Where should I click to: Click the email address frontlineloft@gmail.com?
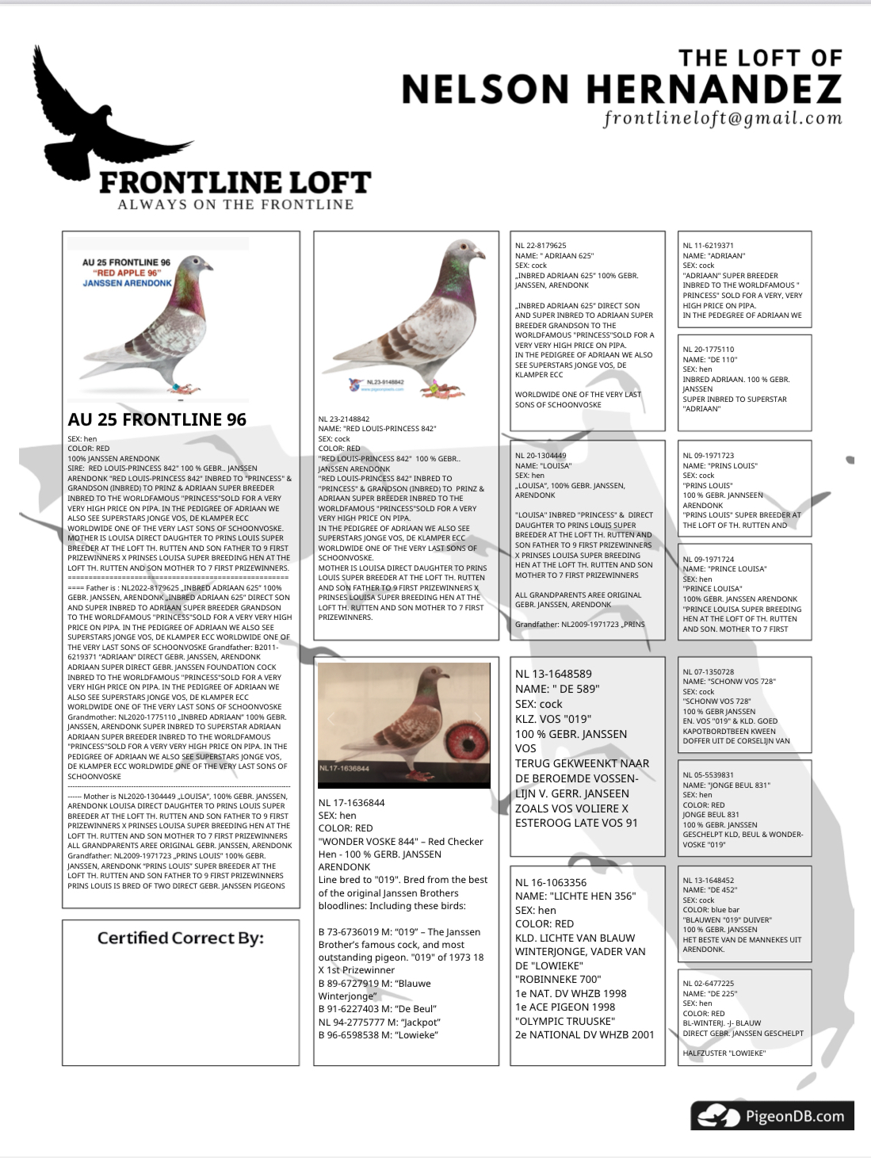[x=722, y=119]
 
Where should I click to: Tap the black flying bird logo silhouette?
[x=95, y=119]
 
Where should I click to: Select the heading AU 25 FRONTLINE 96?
[x=157, y=419]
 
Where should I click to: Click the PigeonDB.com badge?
[x=772, y=1115]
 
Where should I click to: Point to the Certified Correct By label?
[x=180, y=938]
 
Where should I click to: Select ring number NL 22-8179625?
[x=541, y=246]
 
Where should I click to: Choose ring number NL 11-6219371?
[x=708, y=246]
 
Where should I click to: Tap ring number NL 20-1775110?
[x=708, y=350]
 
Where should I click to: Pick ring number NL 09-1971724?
[x=708, y=560]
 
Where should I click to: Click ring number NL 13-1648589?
[x=553, y=674]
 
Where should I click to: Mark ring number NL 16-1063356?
[x=551, y=882]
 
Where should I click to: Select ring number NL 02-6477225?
[x=708, y=984]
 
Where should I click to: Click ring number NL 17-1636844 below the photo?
[x=351, y=803]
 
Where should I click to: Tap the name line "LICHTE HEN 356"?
[x=575, y=896]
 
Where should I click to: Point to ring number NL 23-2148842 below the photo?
[x=344, y=418]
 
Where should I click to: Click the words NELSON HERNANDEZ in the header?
[x=621, y=90]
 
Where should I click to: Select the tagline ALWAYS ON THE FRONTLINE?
[x=235, y=204]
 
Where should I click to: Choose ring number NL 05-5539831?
[x=708, y=775]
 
